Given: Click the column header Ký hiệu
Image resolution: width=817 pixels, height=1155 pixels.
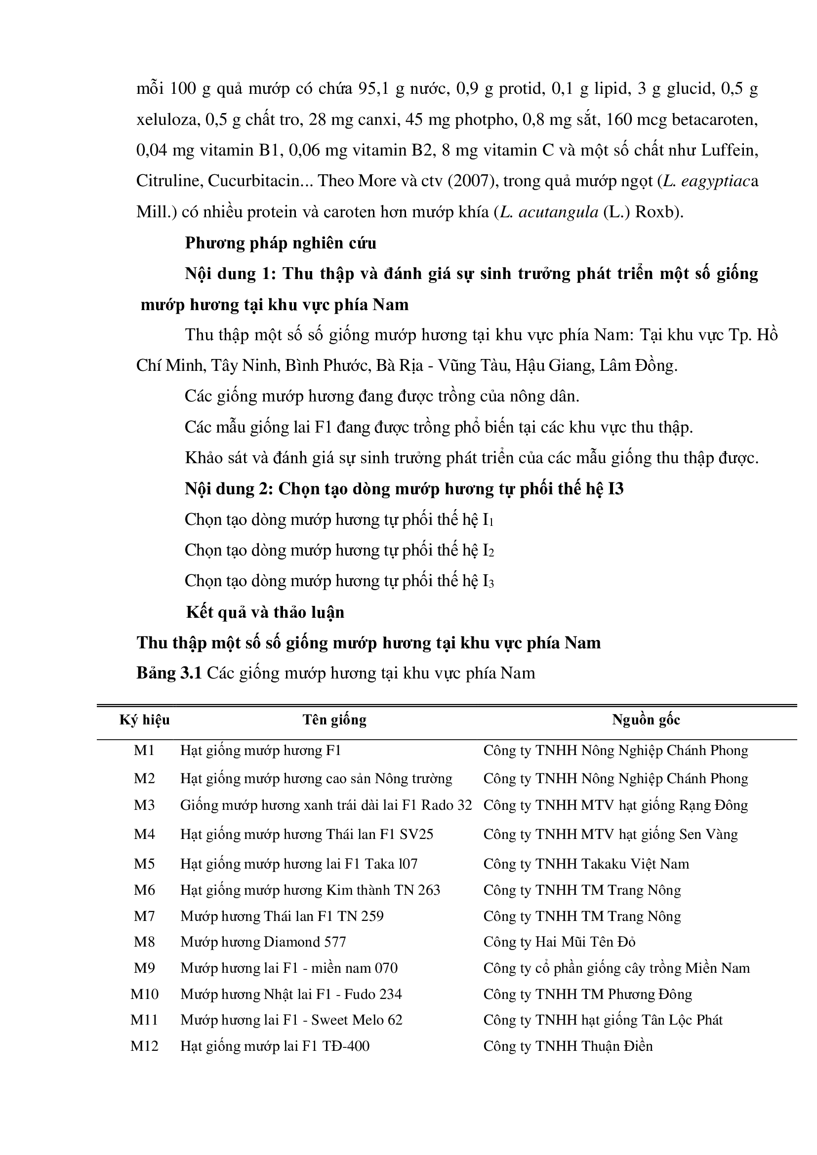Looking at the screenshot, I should [144, 720].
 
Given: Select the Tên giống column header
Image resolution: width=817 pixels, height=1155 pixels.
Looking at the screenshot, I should [334, 720].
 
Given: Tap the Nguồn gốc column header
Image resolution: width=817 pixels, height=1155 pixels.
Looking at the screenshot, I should [646, 720].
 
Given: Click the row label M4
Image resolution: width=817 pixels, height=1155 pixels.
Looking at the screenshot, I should [144, 835].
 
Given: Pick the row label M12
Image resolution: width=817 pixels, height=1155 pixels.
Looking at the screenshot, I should [144, 1046].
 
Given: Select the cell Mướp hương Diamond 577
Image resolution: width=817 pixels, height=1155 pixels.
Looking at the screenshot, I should [263, 942].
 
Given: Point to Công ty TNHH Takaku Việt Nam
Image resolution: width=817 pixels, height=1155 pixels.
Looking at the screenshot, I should [586, 864].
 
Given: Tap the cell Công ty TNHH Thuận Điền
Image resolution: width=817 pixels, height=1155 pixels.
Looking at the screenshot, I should [568, 1046].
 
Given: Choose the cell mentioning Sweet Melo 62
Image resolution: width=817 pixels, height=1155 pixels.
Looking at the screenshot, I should [292, 1020].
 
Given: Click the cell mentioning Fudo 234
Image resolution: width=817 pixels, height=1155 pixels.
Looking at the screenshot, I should [291, 994].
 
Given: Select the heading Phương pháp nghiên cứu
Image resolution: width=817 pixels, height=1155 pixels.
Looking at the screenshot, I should [281, 243].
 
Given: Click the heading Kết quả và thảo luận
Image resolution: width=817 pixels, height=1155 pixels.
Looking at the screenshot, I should [265, 613].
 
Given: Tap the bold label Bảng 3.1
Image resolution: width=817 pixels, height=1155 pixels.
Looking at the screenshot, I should [169, 673].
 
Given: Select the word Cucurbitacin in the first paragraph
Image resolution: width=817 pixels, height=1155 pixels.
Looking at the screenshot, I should [253, 181].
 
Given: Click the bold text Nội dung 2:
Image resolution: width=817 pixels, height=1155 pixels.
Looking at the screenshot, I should [229, 489].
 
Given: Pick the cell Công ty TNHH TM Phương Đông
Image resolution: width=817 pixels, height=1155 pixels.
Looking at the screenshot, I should [588, 994].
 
